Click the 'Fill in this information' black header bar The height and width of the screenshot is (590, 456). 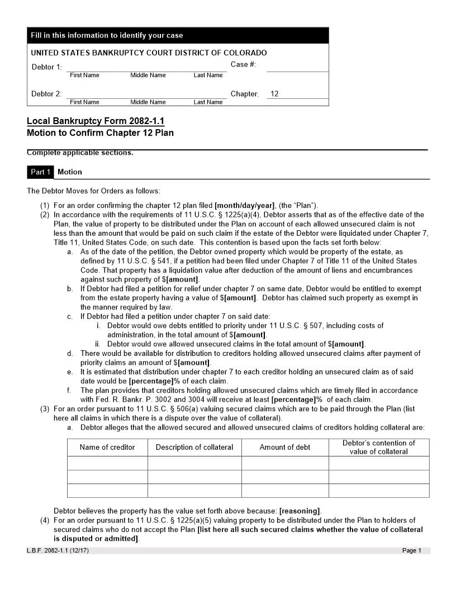(x=178, y=35)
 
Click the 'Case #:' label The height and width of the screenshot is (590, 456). (x=243, y=65)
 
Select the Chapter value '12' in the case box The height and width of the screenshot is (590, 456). (x=274, y=94)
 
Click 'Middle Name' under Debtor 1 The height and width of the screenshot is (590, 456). (x=148, y=75)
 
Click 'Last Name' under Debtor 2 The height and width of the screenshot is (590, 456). (x=208, y=102)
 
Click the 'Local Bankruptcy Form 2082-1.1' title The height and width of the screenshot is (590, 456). (x=96, y=121)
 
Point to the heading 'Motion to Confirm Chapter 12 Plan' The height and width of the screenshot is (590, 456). (x=100, y=133)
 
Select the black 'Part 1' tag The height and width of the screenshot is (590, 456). (x=40, y=172)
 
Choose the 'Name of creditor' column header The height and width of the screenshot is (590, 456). (x=107, y=447)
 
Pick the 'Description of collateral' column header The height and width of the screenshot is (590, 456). (x=194, y=447)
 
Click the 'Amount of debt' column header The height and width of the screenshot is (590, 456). (x=285, y=447)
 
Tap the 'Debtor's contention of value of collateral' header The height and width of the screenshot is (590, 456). (x=379, y=447)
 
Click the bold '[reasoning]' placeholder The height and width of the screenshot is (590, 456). (x=300, y=511)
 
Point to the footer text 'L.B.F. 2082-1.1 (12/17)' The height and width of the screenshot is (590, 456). (x=58, y=551)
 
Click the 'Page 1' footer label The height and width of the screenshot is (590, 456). (x=412, y=551)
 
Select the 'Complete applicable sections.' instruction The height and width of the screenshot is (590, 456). (x=80, y=153)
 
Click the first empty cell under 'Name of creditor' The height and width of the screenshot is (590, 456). (x=107, y=463)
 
